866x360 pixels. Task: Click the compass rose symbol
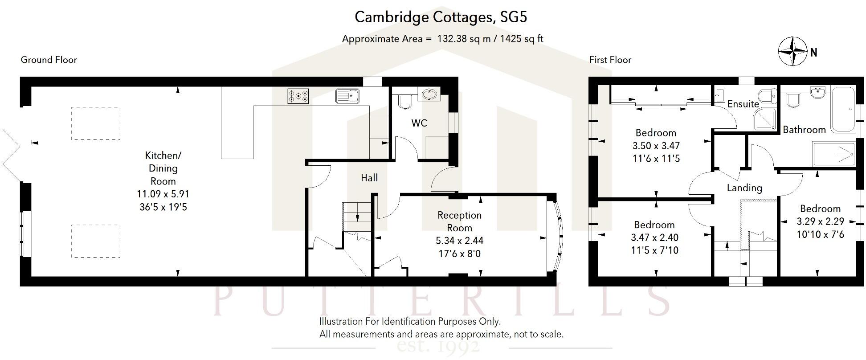792,52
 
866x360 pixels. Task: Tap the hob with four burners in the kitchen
298,96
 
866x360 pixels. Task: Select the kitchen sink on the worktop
347,96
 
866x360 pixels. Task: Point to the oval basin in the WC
429,94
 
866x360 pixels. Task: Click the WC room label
419,123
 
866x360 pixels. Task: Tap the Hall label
369,178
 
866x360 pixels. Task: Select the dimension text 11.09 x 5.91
163,194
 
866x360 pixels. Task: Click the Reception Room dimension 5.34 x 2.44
459,241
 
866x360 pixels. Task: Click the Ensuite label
743,104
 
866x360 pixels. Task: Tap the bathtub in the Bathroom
842,109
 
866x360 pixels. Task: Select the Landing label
744,188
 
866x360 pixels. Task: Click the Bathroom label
805,130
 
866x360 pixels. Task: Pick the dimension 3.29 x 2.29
820,221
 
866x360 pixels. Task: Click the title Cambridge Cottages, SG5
441,17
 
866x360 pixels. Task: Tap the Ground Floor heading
49,60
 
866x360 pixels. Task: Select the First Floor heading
610,60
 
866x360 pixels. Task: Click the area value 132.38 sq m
464,39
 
